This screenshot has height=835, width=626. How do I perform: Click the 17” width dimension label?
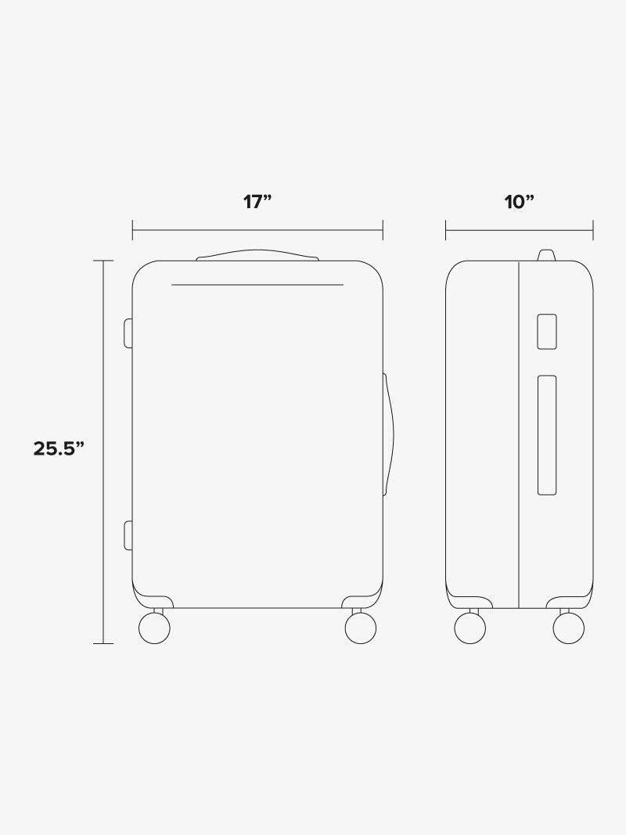click(x=257, y=203)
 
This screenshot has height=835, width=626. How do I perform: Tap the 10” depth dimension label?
click(x=519, y=203)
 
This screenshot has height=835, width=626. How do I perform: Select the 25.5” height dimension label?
click(x=59, y=448)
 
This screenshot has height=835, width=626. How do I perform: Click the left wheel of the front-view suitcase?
click(x=154, y=628)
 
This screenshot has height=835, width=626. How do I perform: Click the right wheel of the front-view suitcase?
click(x=361, y=628)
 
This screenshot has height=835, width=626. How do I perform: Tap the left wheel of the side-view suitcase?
click(x=470, y=628)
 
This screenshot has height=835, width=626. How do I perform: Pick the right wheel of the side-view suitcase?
click(x=569, y=628)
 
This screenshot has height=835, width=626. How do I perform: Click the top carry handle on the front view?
click(x=257, y=254)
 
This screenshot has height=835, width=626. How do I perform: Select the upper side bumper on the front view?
click(x=128, y=333)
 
